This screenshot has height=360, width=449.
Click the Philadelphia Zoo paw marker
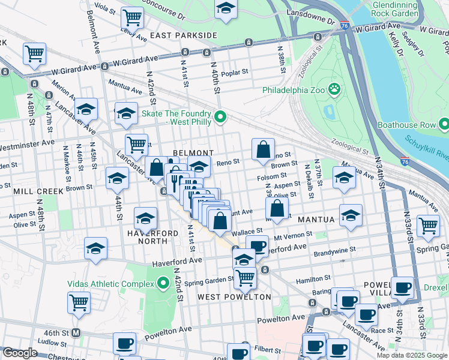pyautogui.click(x=334, y=90)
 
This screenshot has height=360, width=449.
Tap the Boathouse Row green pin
pyautogui.click(x=444, y=125)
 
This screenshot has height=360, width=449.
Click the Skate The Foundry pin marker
pyautogui.click(x=220, y=117)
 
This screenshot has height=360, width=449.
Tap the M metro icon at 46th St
pyautogui.click(x=76, y=332)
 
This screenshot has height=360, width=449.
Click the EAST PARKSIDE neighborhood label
pyautogui.click(x=183, y=35)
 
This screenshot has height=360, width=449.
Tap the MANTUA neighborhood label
pyautogui.click(x=314, y=220)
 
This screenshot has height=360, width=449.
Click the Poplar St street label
pyautogui.click(x=235, y=72)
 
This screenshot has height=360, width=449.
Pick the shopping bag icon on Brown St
pyautogui.click(x=263, y=151)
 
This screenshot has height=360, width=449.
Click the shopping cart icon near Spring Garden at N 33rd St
pyautogui.click(x=428, y=226)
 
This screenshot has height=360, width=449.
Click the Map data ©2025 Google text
pyautogui.click(x=411, y=355)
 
